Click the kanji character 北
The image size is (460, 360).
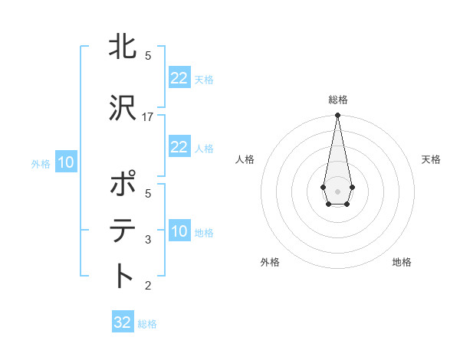click(123, 47)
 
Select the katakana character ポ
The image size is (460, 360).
click(123, 184)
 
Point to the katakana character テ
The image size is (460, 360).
click(123, 230)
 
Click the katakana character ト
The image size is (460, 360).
click(123, 275)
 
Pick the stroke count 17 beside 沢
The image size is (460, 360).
click(148, 116)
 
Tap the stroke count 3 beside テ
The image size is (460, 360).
click(148, 240)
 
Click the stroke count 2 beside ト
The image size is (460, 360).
click(148, 286)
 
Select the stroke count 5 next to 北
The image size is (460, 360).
click(148, 56)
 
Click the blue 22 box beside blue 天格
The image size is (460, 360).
click(179, 78)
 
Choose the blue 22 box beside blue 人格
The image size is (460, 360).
click(179, 147)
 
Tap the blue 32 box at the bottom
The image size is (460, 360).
click(123, 322)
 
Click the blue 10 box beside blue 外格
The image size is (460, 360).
click(65, 162)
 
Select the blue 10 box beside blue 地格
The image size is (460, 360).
click(179, 231)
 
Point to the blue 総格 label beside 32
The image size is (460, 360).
click(147, 324)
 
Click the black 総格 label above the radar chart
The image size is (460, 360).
click(337, 100)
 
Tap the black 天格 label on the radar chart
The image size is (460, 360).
click(431, 159)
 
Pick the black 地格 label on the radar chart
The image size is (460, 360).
click(402, 262)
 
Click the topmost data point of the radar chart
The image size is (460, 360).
click(337, 115)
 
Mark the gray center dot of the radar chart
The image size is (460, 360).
click(337, 190)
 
